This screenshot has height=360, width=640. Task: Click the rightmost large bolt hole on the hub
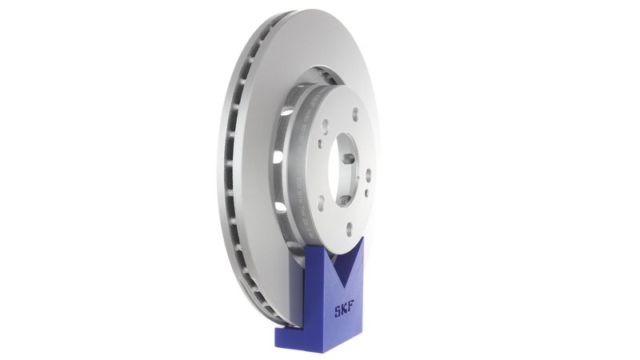(368, 176)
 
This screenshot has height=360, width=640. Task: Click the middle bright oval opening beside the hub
(278, 157)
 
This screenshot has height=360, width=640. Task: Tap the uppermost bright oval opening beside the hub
(286, 112)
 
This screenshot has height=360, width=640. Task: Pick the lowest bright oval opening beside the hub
(281, 207)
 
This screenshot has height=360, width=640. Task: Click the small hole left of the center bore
(320, 145)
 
